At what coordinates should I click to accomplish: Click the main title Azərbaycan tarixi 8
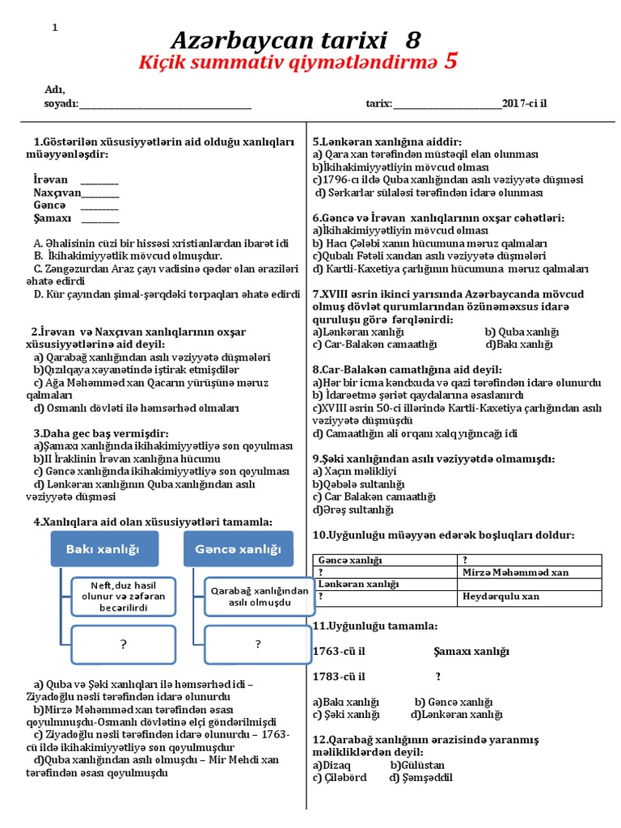coord(295,40)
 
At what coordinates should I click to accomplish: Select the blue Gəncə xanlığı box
coord(238,549)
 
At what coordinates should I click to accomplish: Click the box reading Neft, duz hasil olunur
coord(124,597)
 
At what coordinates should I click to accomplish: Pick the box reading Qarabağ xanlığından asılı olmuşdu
coord(259,597)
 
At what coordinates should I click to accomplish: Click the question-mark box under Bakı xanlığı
coord(124,644)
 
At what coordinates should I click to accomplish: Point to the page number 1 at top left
coord(55,27)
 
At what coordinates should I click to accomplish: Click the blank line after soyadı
coord(165,104)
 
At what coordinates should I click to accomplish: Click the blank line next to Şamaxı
coord(100,219)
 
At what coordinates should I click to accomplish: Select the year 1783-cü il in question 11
coord(339,676)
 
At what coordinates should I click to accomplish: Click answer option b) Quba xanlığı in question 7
coord(522,332)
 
